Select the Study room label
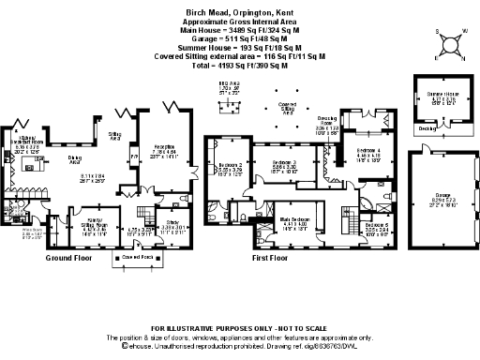(x=175, y=226)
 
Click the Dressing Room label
(x=327, y=123)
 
